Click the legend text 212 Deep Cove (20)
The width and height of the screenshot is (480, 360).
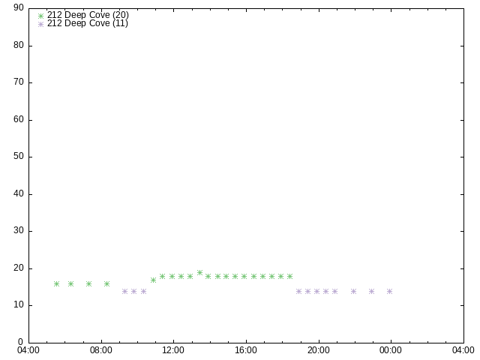coord(87,15)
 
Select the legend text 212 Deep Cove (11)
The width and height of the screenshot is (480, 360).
coord(87,23)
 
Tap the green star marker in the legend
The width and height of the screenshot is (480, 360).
coord(41,15)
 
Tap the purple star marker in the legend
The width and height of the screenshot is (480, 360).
coord(41,23)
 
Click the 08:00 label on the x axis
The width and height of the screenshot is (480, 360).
coord(101,349)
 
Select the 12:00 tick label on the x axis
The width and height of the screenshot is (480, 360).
coord(174,349)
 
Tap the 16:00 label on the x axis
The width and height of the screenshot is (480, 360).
coord(246,349)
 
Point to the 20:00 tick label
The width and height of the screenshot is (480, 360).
coord(319,349)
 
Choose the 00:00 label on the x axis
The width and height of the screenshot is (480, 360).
coord(391,349)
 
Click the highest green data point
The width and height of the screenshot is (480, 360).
coord(199,273)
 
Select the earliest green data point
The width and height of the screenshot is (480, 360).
coord(56,283)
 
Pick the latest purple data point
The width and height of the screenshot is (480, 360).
coord(389,291)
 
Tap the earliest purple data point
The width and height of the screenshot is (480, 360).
coord(124,291)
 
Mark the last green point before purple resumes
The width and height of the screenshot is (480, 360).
coord(289,276)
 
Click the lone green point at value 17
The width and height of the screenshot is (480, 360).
coord(153,280)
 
